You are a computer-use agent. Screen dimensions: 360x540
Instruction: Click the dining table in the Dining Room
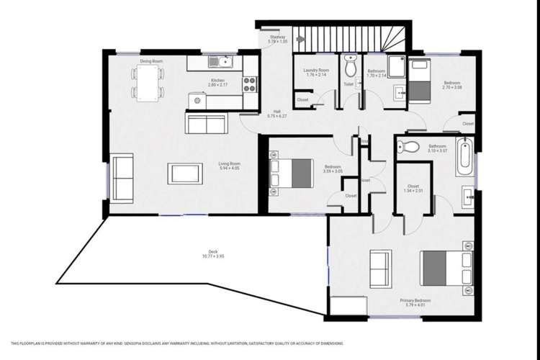[x=148, y=83]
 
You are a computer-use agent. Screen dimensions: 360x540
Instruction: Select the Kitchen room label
[x=217, y=82]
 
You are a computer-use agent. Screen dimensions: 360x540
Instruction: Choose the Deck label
[x=213, y=253]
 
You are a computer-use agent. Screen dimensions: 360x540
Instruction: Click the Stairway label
[x=277, y=39]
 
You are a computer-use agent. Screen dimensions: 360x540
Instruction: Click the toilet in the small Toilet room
[x=350, y=68]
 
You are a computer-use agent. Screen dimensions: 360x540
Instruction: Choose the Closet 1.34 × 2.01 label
[x=413, y=189]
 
